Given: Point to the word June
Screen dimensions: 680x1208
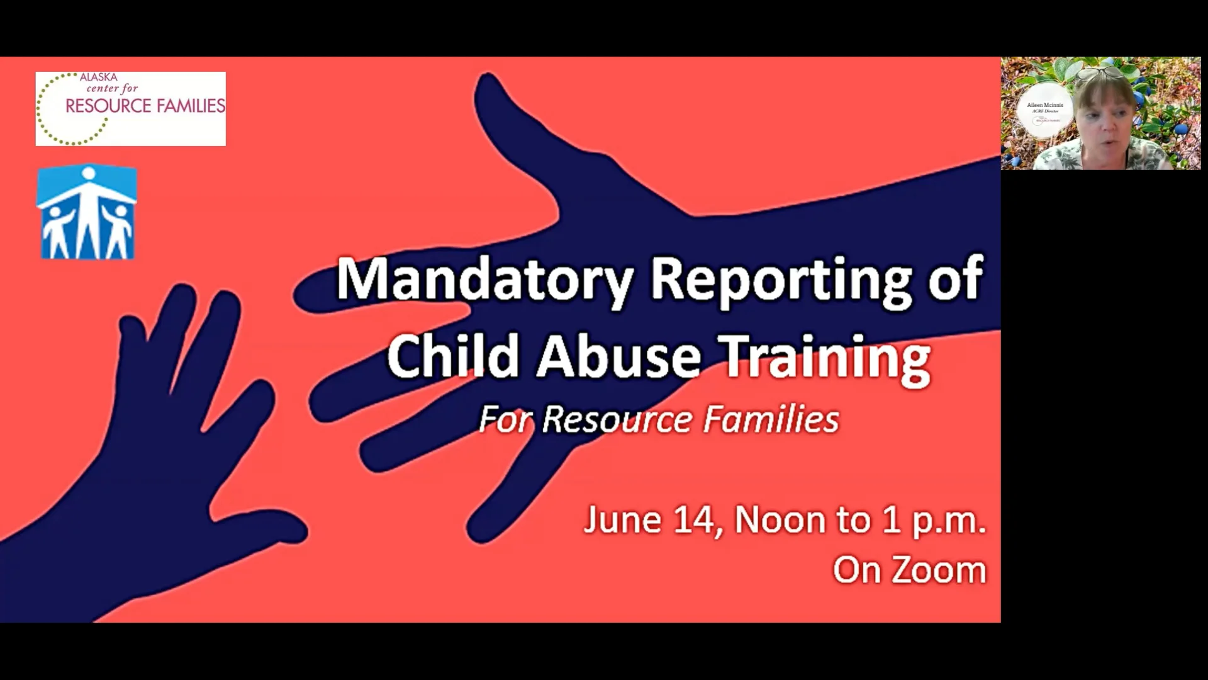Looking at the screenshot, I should click(622, 520).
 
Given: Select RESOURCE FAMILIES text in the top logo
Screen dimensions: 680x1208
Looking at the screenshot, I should click(145, 106).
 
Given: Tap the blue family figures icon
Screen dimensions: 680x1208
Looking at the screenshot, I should click(86, 213).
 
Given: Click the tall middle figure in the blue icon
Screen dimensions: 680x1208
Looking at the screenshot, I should click(87, 208).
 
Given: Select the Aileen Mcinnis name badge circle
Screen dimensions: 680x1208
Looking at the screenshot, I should click(1045, 113).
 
